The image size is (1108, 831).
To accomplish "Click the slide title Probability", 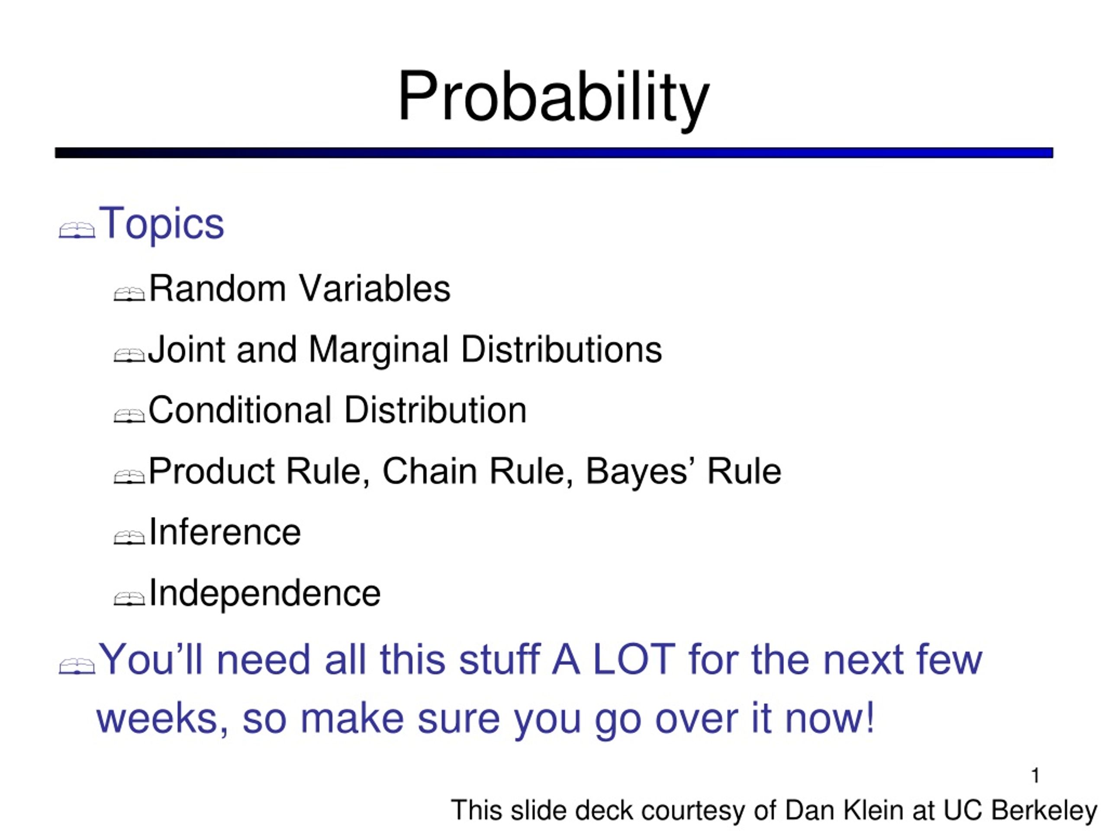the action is (x=553, y=99).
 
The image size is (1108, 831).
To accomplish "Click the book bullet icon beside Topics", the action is (x=77, y=230).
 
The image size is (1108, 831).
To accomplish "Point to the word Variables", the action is (x=375, y=289).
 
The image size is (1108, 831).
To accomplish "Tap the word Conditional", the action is (x=240, y=410).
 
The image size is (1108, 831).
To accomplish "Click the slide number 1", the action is (x=1036, y=776).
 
